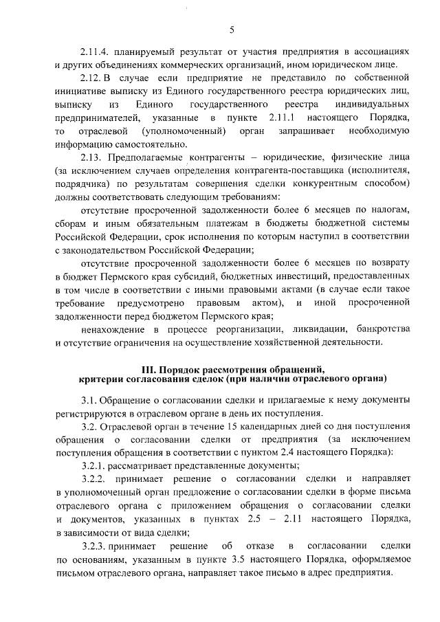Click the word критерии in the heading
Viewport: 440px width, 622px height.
click(x=100, y=378)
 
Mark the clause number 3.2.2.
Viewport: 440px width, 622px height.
click(x=95, y=477)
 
